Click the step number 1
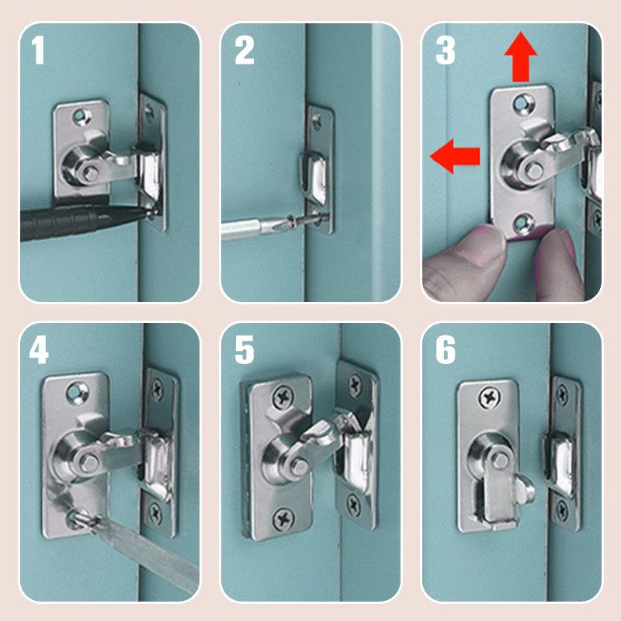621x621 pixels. pos(38,50)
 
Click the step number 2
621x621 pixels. pos(245,50)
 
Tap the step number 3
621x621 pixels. pos(446,50)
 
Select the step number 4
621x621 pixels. pos(39,349)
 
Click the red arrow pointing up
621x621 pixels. pos(521,57)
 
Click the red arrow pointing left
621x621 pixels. pos(455,156)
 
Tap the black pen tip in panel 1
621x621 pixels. pos(147,213)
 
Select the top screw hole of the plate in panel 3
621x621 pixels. pos(523,104)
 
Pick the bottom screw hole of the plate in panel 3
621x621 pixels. pos(522,224)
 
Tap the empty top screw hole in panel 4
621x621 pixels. pos(78,393)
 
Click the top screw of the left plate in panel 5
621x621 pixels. pos(283,397)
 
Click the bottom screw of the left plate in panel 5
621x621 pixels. pos(283,519)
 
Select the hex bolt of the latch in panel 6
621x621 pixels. pos(500,460)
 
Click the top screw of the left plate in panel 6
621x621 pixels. pos(490,397)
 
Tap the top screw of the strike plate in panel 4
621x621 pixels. pos(158,390)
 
